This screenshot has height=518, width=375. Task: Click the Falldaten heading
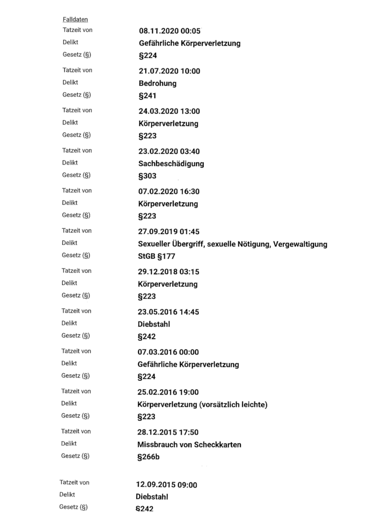click(x=75, y=19)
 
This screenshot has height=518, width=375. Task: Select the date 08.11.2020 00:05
click(x=169, y=31)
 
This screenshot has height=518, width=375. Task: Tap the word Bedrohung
click(x=157, y=83)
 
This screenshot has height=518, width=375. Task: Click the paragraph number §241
click(x=147, y=96)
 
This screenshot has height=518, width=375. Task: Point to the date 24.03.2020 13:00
click(x=169, y=111)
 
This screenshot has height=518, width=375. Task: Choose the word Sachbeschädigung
click(x=171, y=164)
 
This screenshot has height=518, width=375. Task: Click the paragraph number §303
click(x=147, y=176)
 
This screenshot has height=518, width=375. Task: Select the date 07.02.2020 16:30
click(x=169, y=192)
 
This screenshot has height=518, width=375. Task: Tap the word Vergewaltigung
click(x=300, y=244)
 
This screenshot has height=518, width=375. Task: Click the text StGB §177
click(x=156, y=256)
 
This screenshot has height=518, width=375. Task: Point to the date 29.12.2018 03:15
click(x=168, y=272)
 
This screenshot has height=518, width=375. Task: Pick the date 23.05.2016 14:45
click(x=168, y=312)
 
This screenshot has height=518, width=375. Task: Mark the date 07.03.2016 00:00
click(x=168, y=352)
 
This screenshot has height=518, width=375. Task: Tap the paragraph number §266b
click(x=148, y=457)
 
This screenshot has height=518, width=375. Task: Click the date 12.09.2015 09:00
click(x=166, y=485)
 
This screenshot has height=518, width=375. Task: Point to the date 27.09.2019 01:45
click(x=169, y=232)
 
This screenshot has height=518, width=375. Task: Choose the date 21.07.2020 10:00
click(x=169, y=71)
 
